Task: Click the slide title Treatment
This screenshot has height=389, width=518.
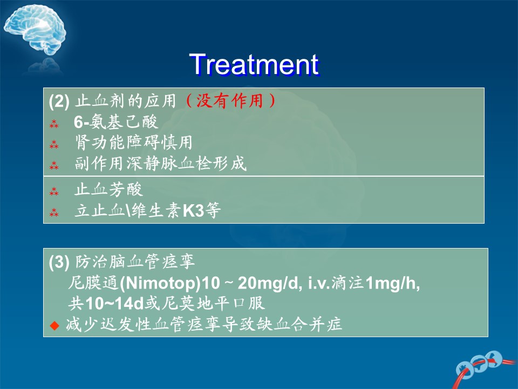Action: click(x=254, y=64)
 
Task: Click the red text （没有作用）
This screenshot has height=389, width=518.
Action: click(x=230, y=100)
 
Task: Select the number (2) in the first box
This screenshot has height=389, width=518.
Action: click(x=59, y=101)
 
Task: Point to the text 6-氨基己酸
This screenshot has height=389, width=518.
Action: click(x=116, y=122)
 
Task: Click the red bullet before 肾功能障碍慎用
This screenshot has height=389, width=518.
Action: click(x=54, y=144)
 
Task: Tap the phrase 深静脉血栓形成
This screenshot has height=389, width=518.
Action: click(x=187, y=163)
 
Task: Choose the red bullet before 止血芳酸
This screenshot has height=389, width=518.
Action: click(x=54, y=191)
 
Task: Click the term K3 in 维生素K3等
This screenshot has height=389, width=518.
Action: click(x=193, y=210)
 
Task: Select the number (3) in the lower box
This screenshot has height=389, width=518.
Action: click(x=59, y=262)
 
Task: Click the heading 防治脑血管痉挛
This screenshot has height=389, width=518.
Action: click(x=135, y=261)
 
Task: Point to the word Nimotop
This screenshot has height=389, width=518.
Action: click(x=160, y=283)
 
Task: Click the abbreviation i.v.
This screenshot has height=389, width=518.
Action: click(x=319, y=283)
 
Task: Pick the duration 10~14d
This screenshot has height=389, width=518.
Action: click(x=114, y=303)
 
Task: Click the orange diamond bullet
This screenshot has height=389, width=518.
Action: click(x=54, y=325)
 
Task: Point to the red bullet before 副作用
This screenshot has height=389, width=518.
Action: click(x=54, y=165)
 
